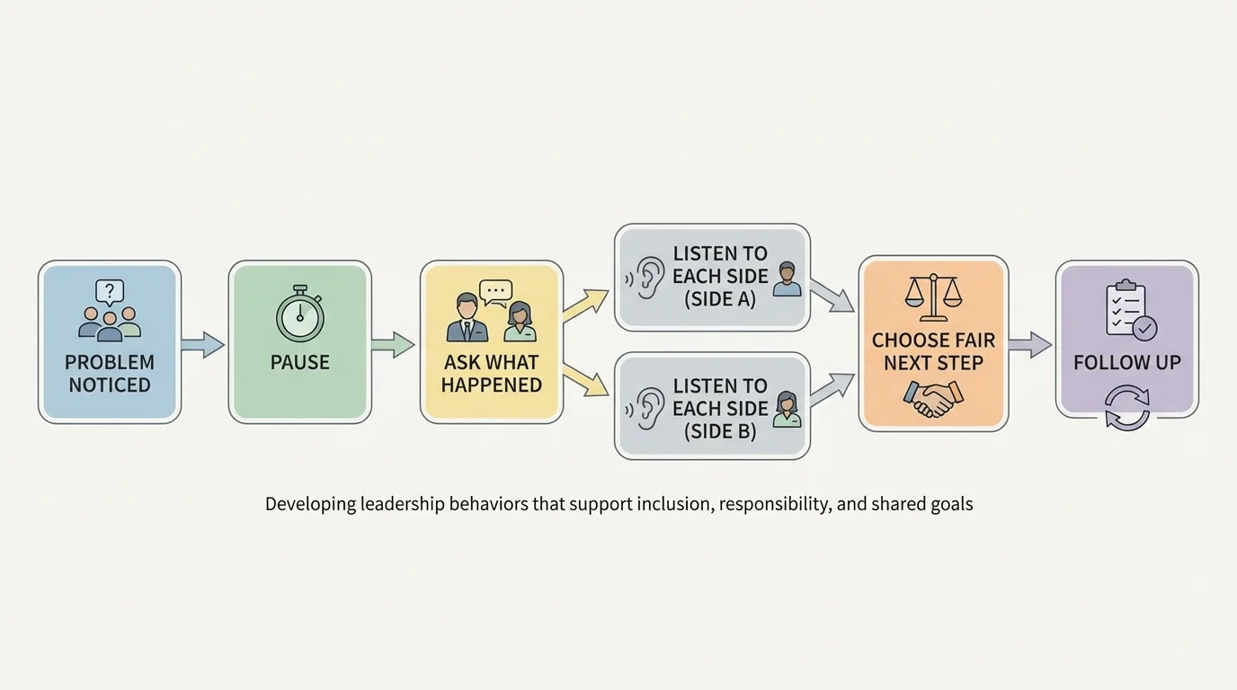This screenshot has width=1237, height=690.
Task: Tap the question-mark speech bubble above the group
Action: (110, 291)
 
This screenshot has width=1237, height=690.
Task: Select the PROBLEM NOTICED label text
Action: (110, 373)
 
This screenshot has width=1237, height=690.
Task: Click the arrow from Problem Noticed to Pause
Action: (203, 344)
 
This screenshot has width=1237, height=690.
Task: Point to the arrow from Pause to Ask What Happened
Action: (393, 344)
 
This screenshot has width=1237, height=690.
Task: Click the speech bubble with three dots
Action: (495, 290)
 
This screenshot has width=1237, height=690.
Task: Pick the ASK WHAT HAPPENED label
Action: (491, 373)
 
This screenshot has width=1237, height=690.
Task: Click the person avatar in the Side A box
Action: (787, 279)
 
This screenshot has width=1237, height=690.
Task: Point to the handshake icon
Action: (933, 398)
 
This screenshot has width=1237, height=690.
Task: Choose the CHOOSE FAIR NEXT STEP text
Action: (933, 351)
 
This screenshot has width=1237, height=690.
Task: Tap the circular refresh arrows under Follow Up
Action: (1127, 407)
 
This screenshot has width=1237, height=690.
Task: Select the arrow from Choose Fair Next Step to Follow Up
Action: (1030, 344)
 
